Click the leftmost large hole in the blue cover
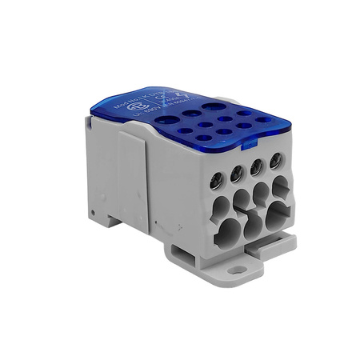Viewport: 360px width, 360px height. click(x=168, y=120)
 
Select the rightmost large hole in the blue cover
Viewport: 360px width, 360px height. click(x=213, y=105)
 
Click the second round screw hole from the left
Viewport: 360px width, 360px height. click(x=238, y=174)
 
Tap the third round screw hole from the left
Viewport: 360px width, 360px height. click(x=257, y=167)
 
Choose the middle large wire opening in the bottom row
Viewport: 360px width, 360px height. click(x=253, y=222)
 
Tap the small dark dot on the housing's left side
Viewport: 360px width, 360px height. click(x=94, y=213)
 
